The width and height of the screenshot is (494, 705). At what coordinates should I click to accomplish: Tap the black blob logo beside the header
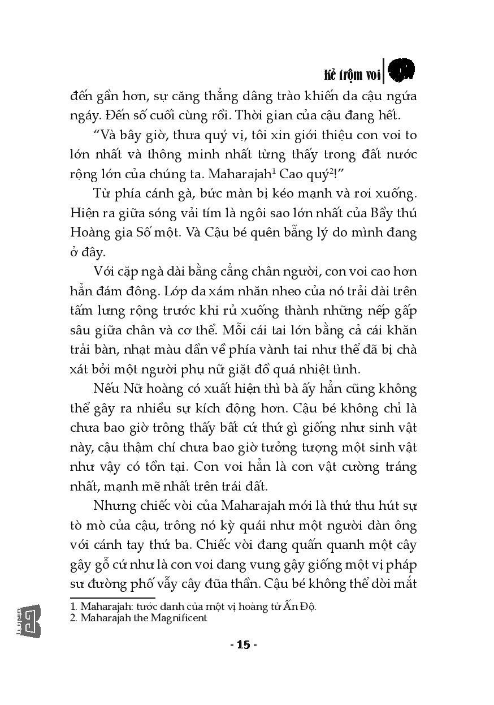pyautogui.click(x=402, y=70)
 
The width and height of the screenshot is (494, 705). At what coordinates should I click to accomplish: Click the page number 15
pyautogui.click(x=244, y=644)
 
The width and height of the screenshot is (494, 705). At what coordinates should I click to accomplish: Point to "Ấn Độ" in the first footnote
pyautogui.click(x=300, y=607)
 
